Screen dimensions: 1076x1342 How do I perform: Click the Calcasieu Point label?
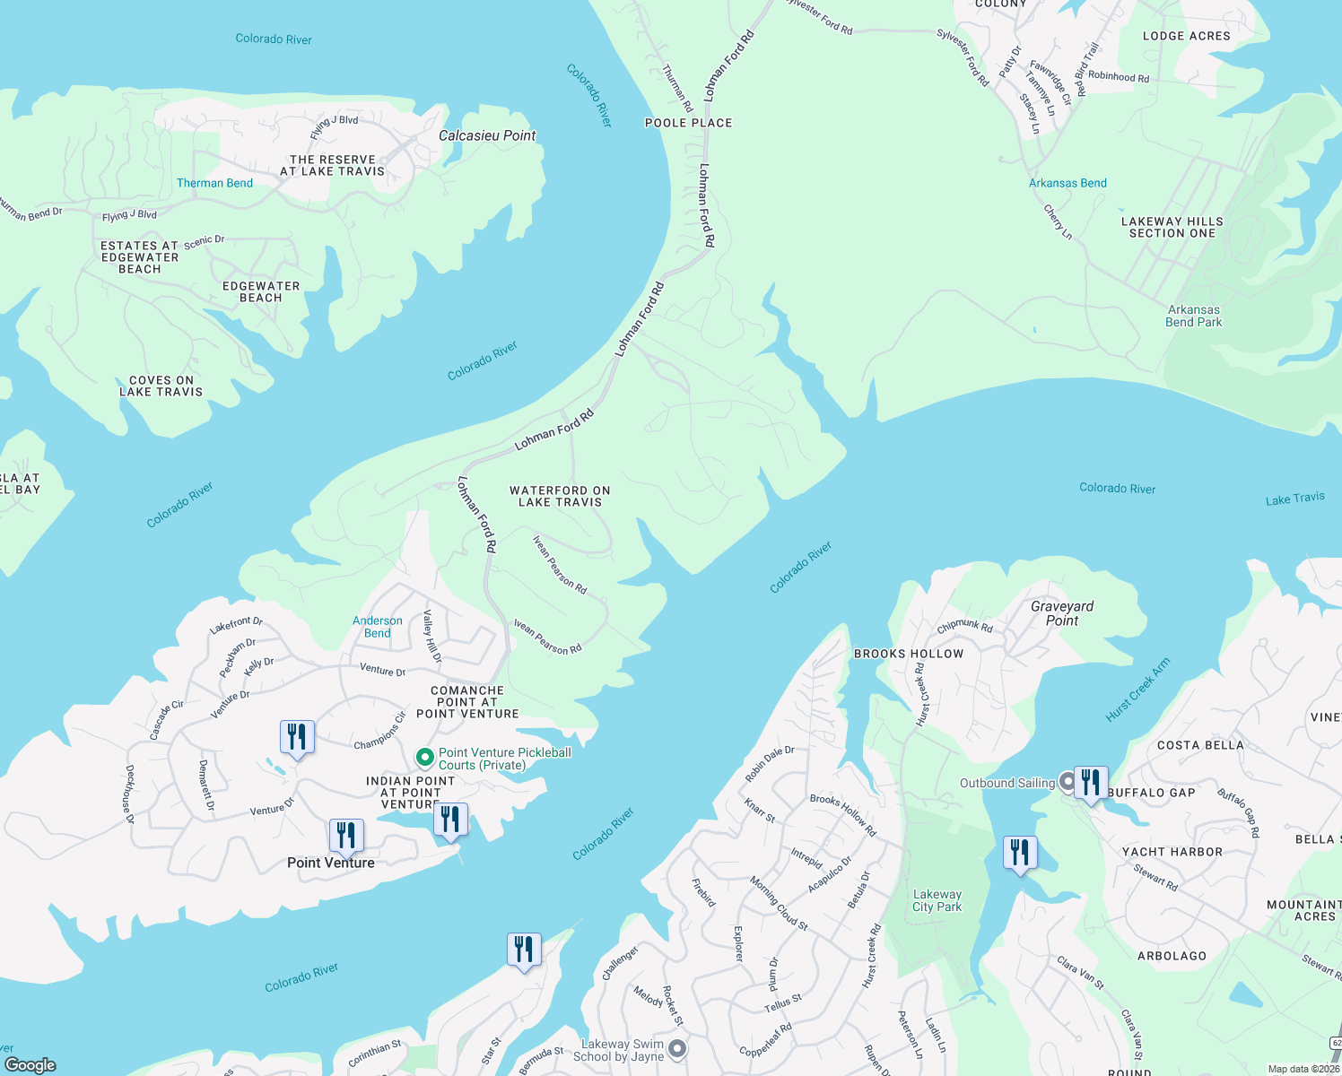(486, 135)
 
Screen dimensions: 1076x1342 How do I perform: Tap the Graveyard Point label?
(1062, 613)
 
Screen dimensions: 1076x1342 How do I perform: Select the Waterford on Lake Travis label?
(560, 496)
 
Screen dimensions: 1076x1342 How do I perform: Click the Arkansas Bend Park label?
(1193, 316)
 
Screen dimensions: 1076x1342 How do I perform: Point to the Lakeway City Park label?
(937, 900)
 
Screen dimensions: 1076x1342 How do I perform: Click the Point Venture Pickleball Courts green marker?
(425, 758)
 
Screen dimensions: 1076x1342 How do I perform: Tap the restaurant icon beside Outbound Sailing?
(1091, 783)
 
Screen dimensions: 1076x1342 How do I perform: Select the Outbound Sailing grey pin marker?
(1067, 782)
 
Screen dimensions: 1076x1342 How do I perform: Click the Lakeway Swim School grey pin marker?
(677, 1048)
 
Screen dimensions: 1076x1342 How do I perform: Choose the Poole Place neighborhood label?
(688, 123)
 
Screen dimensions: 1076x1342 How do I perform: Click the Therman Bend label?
(214, 183)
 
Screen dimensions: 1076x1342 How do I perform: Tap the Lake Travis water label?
(1294, 499)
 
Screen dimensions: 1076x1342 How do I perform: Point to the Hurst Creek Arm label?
(1137, 690)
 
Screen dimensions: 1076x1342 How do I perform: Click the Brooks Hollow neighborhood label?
(908, 654)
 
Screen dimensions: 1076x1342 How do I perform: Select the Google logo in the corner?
(30, 1064)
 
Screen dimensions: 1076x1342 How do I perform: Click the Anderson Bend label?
(377, 627)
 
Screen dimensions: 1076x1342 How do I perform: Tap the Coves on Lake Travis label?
(161, 386)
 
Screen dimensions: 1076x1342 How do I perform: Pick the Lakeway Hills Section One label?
(1172, 227)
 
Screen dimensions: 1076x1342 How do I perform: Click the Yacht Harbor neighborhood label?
(1172, 852)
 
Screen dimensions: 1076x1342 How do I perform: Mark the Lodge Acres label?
(1186, 36)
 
